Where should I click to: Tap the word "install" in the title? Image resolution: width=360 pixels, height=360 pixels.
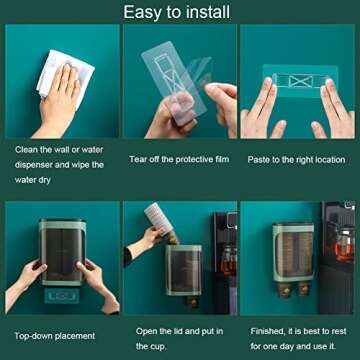pos(208,13)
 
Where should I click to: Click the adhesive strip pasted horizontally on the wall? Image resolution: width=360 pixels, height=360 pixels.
pos(297,78)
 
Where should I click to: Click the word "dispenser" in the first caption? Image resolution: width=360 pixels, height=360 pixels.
pos(36,164)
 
